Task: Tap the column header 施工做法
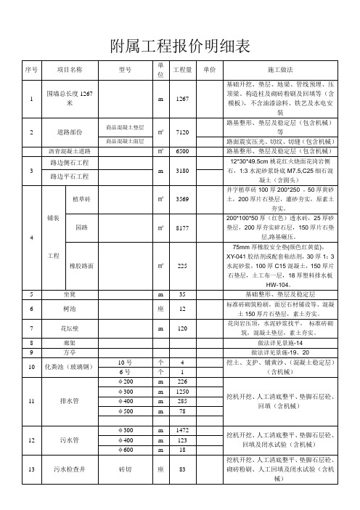pyautogui.click(x=280, y=70)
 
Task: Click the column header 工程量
pyautogui.click(x=183, y=70)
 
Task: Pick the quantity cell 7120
pyautogui.click(x=183, y=133)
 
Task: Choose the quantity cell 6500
pyautogui.click(x=183, y=151)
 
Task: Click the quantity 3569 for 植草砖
pyautogui.click(x=183, y=198)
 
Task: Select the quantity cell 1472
pyautogui.click(x=183, y=431)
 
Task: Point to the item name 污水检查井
pyautogui.click(x=69, y=470)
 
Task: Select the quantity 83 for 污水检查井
pyautogui.click(x=183, y=470)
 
